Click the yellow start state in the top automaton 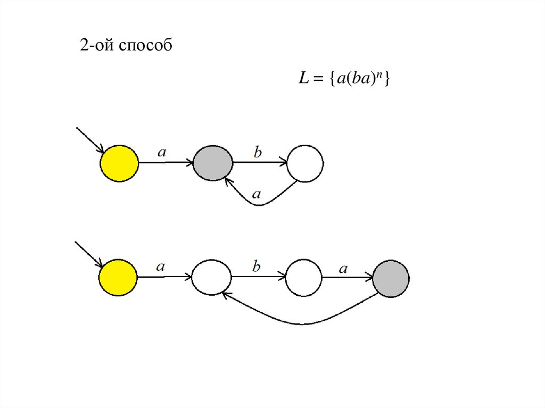click(x=119, y=163)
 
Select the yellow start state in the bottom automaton click(x=118, y=278)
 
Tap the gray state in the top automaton click(x=212, y=163)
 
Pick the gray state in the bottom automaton click(x=391, y=278)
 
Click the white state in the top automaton click(x=305, y=164)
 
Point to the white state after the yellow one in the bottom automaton click(x=211, y=277)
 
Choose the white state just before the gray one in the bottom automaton click(x=303, y=278)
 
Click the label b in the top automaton click(x=258, y=153)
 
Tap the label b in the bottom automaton click(x=256, y=267)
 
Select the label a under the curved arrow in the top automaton click(x=257, y=195)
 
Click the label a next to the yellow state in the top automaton click(x=162, y=152)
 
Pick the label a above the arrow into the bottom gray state click(x=343, y=269)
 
